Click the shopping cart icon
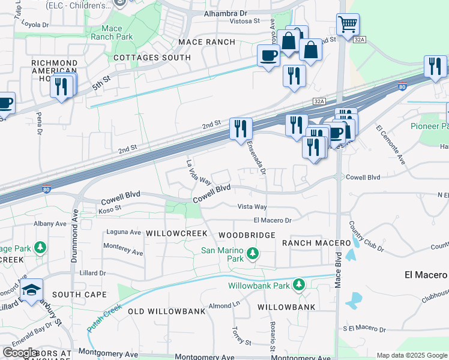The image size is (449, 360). tap(348, 25)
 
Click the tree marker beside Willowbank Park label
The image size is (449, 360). tap(299, 285)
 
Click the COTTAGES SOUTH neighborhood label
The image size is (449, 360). tap(152, 58)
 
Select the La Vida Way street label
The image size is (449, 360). tap(198, 172)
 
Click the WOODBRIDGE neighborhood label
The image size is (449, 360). tap(247, 235)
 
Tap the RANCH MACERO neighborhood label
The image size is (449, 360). tap(316, 242)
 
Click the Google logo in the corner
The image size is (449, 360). tap(20, 353)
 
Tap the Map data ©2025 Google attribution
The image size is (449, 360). tap(411, 355)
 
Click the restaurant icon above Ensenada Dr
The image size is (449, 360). tap(241, 128)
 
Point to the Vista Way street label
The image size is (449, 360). tap(252, 206)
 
